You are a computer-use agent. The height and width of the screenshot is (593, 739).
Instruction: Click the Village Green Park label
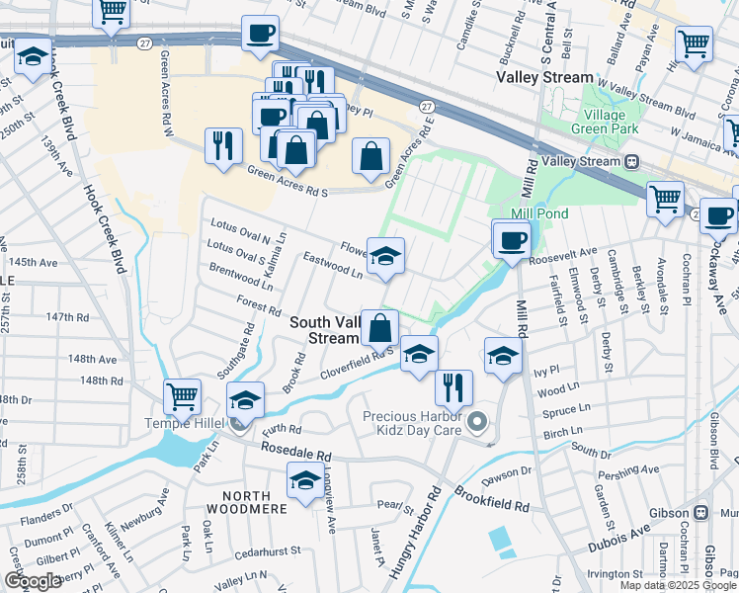click(611, 122)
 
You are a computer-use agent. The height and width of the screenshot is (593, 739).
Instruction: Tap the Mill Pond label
click(534, 213)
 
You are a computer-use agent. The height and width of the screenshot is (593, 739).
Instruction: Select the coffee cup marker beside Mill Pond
click(511, 240)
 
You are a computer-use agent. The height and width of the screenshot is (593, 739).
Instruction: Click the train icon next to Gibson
click(701, 513)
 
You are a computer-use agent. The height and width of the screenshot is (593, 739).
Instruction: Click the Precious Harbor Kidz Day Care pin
click(478, 423)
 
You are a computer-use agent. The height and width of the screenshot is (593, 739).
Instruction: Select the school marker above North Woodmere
click(305, 482)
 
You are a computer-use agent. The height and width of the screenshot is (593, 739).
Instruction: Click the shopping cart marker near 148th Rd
click(183, 397)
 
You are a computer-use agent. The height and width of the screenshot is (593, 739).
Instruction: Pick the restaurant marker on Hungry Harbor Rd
click(452, 387)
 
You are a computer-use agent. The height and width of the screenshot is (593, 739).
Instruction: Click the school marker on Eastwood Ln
click(385, 257)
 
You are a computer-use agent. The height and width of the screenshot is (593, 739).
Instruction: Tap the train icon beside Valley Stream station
click(629, 161)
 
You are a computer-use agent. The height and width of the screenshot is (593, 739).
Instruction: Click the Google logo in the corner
click(33, 581)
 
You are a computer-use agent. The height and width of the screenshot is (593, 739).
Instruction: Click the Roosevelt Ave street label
click(563, 255)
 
